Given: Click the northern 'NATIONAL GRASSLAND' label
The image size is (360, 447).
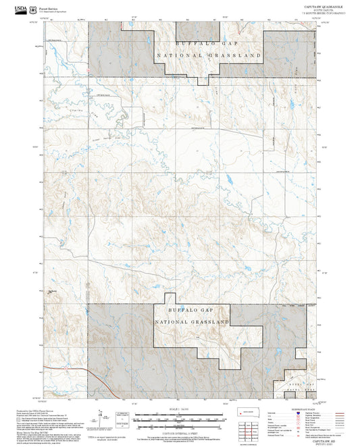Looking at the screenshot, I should (x=208, y=53).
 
